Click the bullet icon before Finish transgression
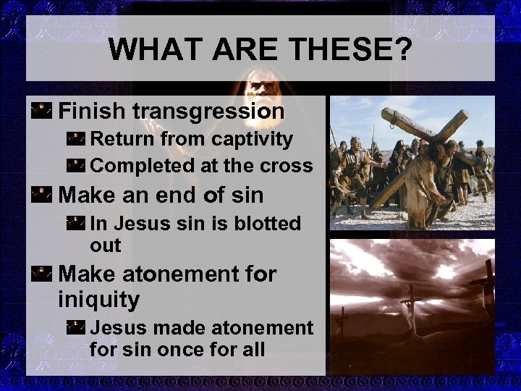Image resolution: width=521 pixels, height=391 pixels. point(42,111)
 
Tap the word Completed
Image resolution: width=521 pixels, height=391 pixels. point(137,165)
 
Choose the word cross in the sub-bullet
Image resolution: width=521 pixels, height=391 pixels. point(287,165)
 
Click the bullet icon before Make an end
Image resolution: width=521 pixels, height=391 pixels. point(42,195)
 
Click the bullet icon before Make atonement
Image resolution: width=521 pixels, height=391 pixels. point(42,274)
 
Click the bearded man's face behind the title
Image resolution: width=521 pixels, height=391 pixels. point(255,91)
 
